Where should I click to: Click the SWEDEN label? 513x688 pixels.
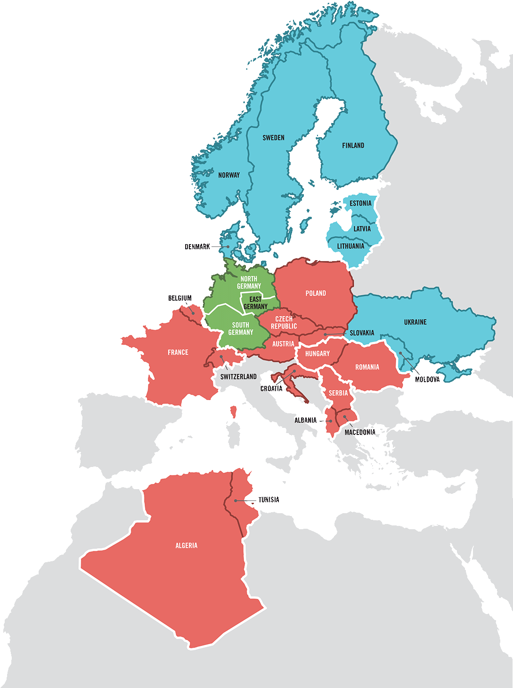pyautogui.click(x=273, y=138)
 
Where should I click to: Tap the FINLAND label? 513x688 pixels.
pyautogui.click(x=353, y=146)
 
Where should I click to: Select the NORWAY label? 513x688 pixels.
pyautogui.click(x=229, y=175)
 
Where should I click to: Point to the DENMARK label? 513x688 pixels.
pyautogui.click(x=197, y=247)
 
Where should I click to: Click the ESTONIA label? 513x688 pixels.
pyautogui.click(x=360, y=204)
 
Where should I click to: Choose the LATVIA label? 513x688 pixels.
pyautogui.click(x=362, y=229)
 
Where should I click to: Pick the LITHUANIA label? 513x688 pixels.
pyautogui.click(x=350, y=246)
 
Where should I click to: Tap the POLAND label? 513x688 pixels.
pyautogui.click(x=316, y=293)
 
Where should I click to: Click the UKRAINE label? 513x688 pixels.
pyautogui.click(x=415, y=322)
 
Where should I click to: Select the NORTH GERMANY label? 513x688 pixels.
pyautogui.click(x=249, y=282)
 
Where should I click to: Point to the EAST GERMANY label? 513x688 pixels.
pyautogui.click(x=255, y=303)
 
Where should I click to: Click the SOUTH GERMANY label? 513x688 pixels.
pyautogui.click(x=241, y=328)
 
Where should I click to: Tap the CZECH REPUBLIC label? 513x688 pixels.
pyautogui.click(x=284, y=323)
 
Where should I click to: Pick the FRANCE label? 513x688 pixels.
pyautogui.click(x=178, y=352)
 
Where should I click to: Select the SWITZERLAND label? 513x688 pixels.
pyautogui.click(x=238, y=377)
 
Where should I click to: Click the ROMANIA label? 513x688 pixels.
pyautogui.click(x=367, y=367)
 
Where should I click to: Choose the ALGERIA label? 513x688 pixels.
pyautogui.click(x=186, y=546)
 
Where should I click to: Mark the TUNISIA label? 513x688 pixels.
pyautogui.click(x=269, y=500)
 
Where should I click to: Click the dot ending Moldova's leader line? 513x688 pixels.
pyautogui.click(x=401, y=353)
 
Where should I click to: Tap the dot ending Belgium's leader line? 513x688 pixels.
pyautogui.click(x=193, y=313)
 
